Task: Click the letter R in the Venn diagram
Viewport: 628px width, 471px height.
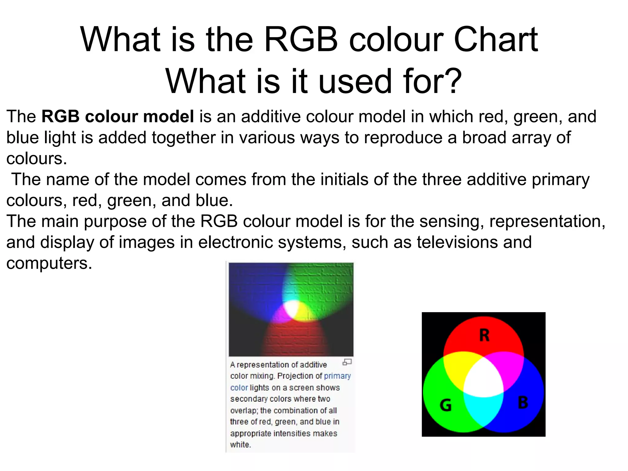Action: [484, 335]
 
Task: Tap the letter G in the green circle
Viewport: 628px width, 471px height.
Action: [446, 405]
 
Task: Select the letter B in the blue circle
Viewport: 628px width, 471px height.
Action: [523, 403]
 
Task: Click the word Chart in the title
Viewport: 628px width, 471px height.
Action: [496, 40]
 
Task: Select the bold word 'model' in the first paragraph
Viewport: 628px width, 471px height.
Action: [168, 117]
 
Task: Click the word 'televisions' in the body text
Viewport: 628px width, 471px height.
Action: [457, 242]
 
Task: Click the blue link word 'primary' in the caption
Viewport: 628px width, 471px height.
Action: [337, 376]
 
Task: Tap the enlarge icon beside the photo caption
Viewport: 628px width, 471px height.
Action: [347, 362]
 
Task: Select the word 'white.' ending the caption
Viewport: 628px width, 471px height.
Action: [240, 445]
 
